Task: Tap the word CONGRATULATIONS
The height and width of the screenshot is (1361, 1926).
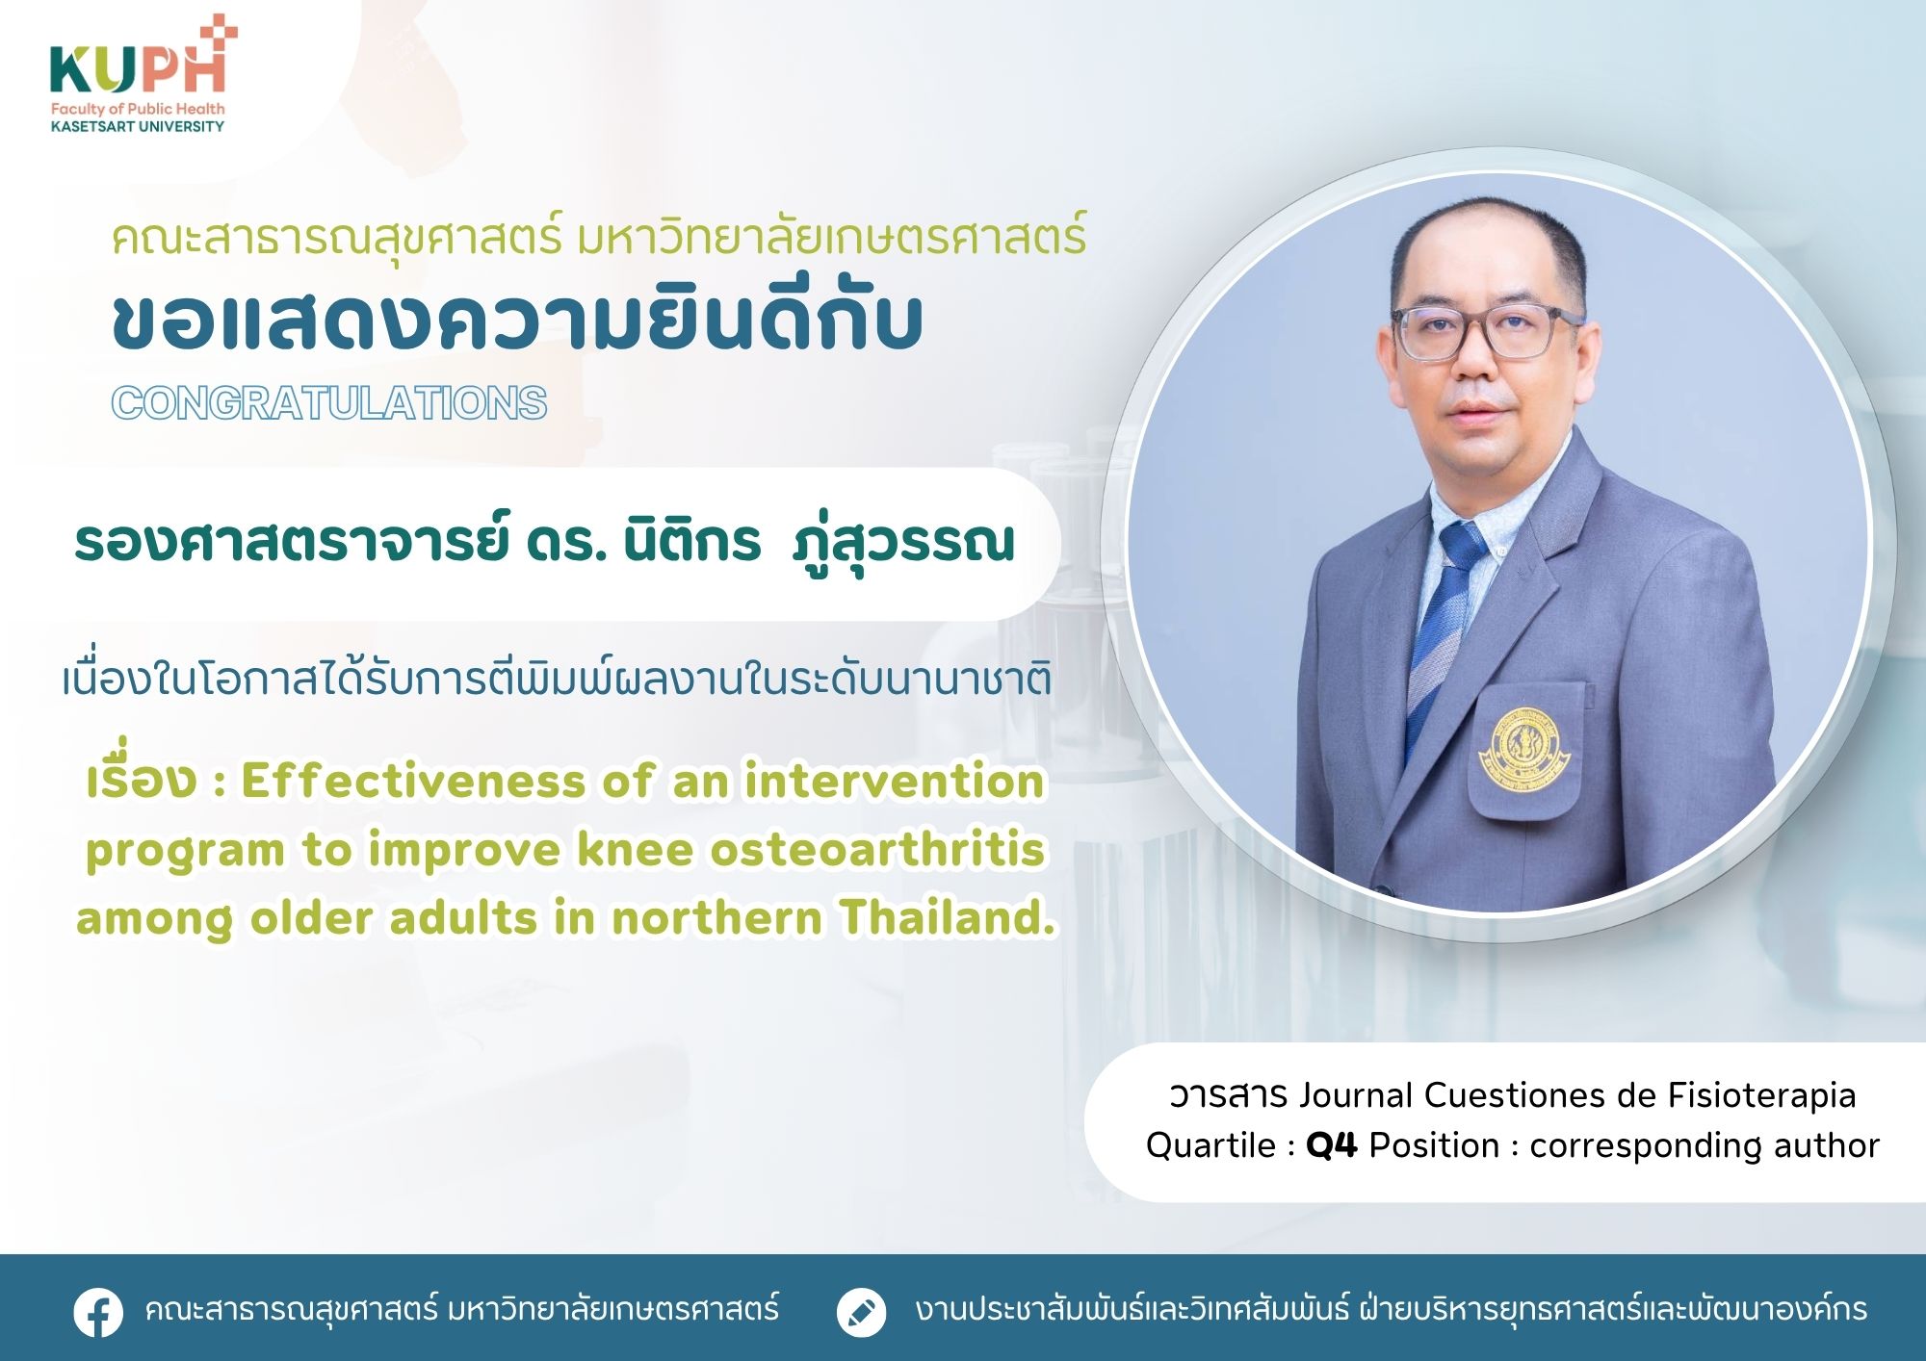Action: [329, 402]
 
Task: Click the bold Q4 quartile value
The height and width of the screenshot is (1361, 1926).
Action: [1331, 1145]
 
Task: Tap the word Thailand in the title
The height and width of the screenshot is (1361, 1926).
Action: [948, 917]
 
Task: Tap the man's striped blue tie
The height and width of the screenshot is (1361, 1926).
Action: [1444, 626]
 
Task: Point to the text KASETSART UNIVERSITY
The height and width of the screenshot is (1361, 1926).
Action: [138, 126]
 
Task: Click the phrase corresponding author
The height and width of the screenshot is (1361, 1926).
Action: [1704, 1145]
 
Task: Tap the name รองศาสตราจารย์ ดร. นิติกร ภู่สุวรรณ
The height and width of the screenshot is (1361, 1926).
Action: [544, 541]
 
